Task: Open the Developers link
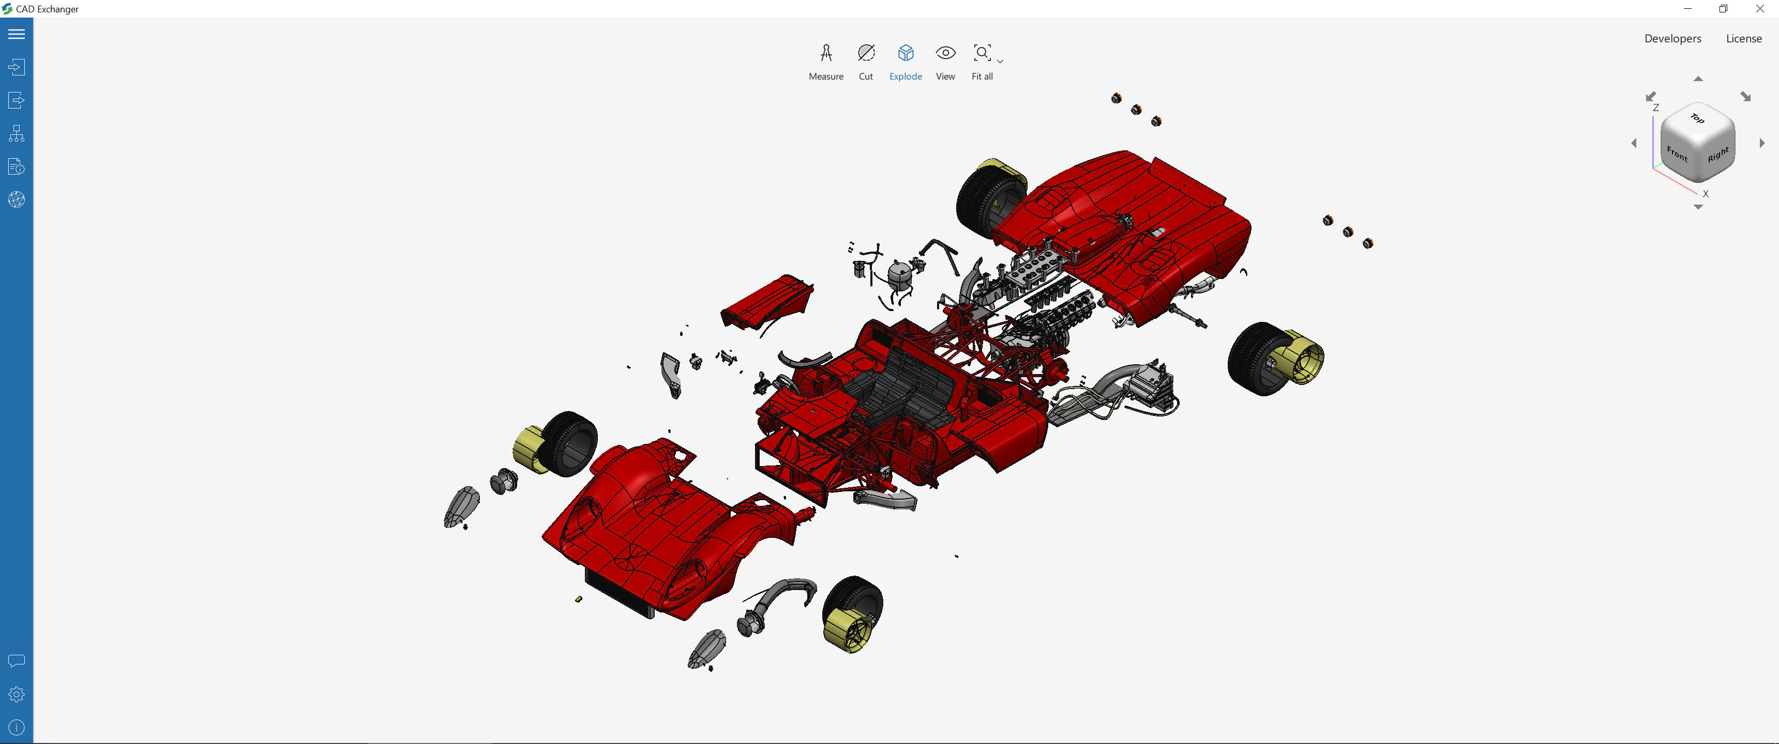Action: coord(1672,39)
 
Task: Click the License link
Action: coord(1743,39)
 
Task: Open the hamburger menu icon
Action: coord(17,34)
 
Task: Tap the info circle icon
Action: coord(17,727)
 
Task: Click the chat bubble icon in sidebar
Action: coord(17,660)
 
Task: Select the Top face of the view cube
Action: coord(1697,119)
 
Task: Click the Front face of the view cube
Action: coord(1676,154)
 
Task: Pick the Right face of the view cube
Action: coord(1717,154)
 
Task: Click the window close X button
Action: coord(1759,9)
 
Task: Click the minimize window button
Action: coord(1687,9)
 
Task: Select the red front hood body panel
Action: coord(642,524)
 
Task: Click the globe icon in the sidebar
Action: coord(17,199)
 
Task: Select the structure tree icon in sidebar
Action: coord(17,133)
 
